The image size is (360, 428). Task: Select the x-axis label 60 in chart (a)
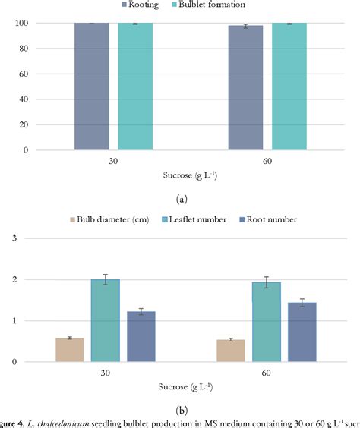[x=267, y=162]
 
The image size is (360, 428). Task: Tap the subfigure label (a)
[x=180, y=199]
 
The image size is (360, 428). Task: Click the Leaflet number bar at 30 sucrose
[x=105, y=320]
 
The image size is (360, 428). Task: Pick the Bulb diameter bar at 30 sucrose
[x=69, y=350]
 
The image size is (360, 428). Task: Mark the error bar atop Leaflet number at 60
[x=267, y=282]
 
